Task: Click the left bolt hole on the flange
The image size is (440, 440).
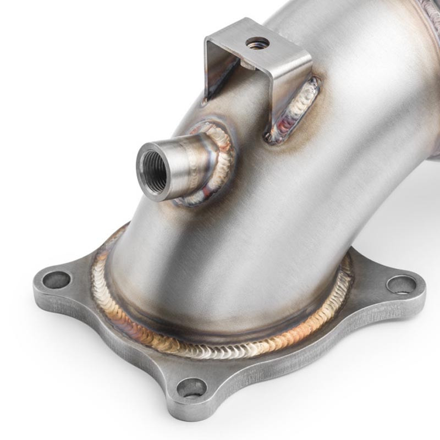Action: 57,279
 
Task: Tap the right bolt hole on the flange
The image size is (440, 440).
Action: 401,284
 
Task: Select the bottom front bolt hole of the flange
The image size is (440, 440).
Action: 192,388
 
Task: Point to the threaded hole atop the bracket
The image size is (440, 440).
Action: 257,42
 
